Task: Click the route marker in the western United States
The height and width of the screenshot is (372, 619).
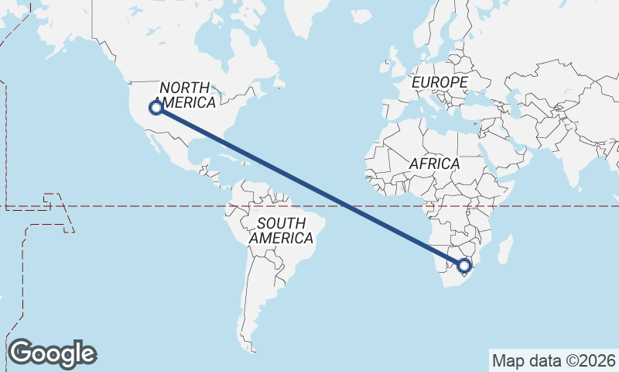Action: coord(156,108)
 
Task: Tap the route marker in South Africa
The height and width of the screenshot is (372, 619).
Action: coord(464,266)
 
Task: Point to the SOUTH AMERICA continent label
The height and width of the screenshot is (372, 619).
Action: coord(281,231)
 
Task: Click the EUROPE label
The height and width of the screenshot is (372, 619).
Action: coord(439,82)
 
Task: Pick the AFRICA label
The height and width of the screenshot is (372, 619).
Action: coord(434,164)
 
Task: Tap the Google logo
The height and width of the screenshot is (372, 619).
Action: coord(52,353)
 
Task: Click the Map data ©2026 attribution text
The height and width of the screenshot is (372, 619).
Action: coord(554,360)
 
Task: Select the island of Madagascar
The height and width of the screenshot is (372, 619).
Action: coord(505,250)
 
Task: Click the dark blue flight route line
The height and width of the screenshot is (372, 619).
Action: coord(309,187)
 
